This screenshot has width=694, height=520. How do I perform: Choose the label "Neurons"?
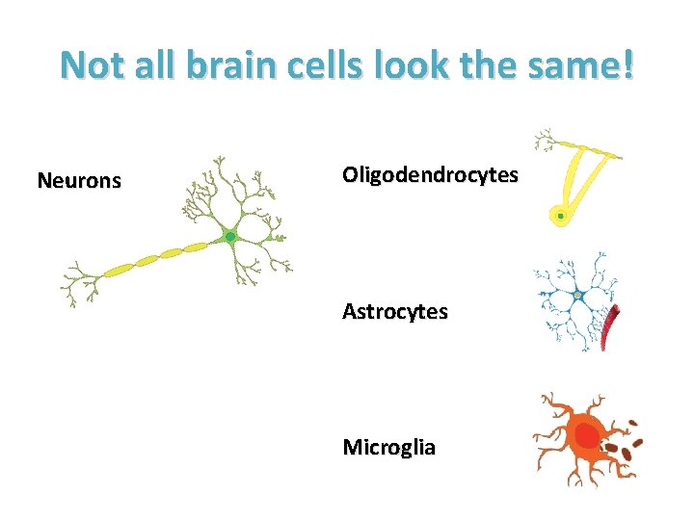[x=79, y=180]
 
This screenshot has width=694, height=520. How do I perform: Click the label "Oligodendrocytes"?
[x=430, y=175]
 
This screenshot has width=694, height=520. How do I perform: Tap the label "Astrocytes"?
[x=395, y=312]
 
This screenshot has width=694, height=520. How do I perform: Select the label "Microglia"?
[x=389, y=448]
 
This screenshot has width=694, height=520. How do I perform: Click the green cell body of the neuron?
[x=229, y=236]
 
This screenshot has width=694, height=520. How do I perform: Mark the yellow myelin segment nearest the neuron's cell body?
[x=196, y=248]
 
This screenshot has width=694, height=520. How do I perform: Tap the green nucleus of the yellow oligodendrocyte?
[x=560, y=216]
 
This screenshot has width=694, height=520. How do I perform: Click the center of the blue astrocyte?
[x=577, y=295]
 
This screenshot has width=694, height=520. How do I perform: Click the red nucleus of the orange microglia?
[x=586, y=436]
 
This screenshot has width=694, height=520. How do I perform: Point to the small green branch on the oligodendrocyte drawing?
[x=547, y=140]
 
